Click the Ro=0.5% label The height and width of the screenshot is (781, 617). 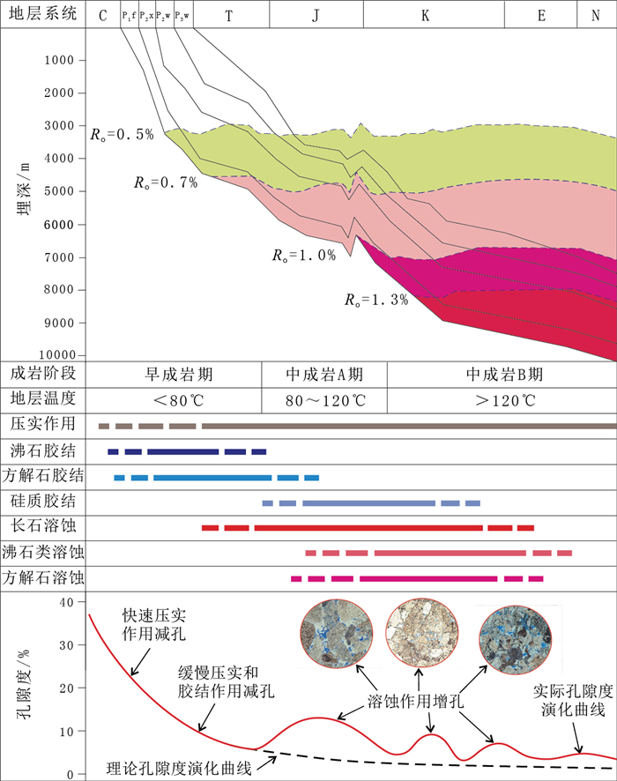[122, 134]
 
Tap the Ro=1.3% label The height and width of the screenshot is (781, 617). [376, 300]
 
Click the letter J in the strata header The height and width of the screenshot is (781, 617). [315, 15]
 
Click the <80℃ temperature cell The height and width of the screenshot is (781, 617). [178, 401]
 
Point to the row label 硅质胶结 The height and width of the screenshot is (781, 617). [42, 502]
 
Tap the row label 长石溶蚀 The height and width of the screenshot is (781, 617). [42, 527]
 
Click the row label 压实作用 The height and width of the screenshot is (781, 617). [42, 425]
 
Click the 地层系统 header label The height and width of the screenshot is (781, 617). [42, 15]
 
